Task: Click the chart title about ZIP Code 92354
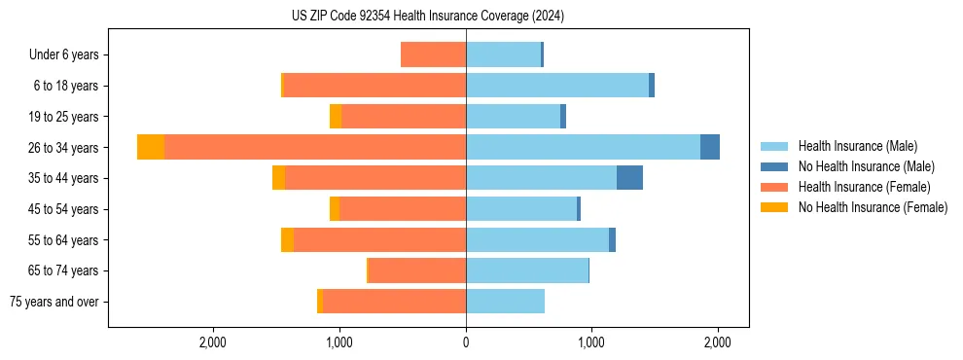428,17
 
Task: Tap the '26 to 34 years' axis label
63,147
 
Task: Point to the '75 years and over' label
54,302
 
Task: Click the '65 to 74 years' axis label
63,270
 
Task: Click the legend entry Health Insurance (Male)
857,146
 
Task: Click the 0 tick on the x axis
466,342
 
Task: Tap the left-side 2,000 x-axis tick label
213,342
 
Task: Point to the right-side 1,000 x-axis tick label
590,342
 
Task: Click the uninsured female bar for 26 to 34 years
151,147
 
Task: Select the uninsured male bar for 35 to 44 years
629,178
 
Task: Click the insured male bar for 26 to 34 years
583,147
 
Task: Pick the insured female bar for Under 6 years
433,54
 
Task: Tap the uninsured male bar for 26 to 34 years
710,147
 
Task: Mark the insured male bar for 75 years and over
505,302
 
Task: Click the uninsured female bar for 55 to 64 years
287,239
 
